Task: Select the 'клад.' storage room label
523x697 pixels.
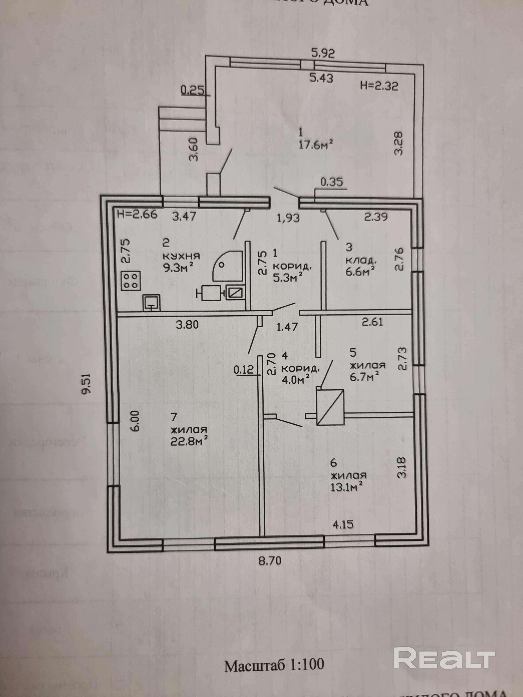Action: click(361, 261)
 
